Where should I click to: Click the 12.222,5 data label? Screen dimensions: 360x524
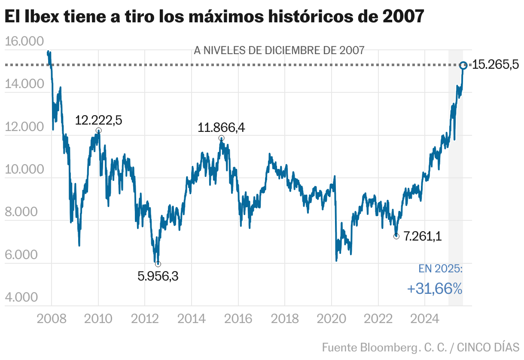tap(98, 120)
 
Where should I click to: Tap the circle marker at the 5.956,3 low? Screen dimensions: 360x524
tap(158, 264)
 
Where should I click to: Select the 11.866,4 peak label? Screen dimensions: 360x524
tap(221, 128)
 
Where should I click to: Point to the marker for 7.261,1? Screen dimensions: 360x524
tap(396, 236)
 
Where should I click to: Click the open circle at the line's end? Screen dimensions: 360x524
tap(463, 65)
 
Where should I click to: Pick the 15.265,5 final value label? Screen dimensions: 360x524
tap(496, 65)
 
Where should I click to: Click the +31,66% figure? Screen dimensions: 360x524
tap(435, 289)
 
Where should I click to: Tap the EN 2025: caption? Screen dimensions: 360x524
tap(440, 269)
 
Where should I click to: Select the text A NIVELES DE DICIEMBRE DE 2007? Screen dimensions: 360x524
tap(279, 50)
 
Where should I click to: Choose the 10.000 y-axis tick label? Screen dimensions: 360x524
tap(24, 169)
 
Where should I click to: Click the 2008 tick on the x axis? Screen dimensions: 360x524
tap(52, 319)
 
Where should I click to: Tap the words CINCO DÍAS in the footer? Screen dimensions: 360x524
tap(488, 347)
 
